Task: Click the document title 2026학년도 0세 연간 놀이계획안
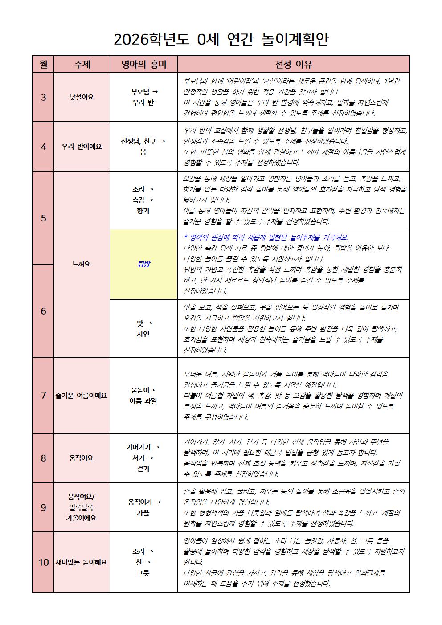tap(221, 40)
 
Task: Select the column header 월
tap(43, 64)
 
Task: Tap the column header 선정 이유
tap(293, 64)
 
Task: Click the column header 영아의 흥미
tap(143, 64)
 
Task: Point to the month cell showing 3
tap(43, 97)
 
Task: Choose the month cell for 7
tap(43, 395)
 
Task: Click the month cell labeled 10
tap(43, 562)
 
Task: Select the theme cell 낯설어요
tap(82, 97)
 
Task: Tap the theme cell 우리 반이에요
tap(82, 147)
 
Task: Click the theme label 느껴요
tap(81, 264)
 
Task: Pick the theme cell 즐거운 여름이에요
tap(82, 395)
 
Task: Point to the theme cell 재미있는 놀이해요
tap(82, 562)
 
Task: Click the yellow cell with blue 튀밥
tap(143, 264)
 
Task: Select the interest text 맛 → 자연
tap(143, 328)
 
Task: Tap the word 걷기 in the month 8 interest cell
tap(143, 469)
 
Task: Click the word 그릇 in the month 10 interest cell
tap(143, 573)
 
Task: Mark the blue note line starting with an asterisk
tap(266, 237)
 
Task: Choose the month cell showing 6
tap(43, 311)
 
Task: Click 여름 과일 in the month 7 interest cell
tap(143, 401)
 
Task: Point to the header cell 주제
tap(82, 64)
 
